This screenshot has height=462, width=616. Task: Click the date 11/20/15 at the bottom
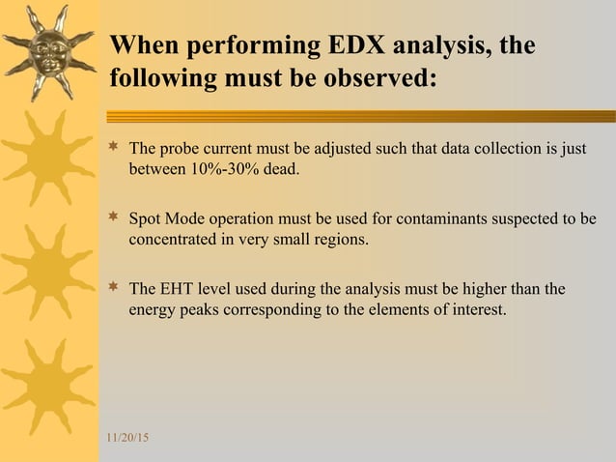pyautogui.click(x=127, y=440)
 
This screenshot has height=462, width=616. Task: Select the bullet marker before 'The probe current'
pyautogui.click(x=113, y=149)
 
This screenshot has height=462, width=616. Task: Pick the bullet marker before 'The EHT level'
pyautogui.click(x=113, y=289)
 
